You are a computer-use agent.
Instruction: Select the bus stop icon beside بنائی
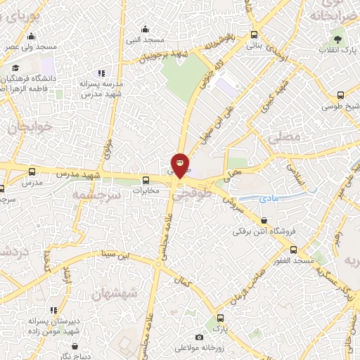point(254,34)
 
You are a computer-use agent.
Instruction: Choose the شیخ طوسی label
point(337,107)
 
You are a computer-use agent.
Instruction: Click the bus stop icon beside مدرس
point(32,172)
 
